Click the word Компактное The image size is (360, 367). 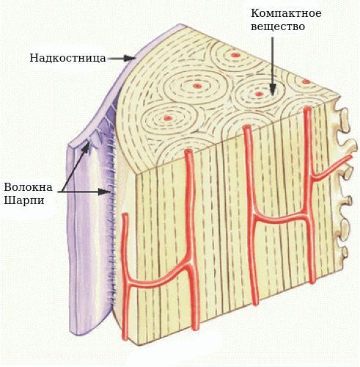pos(286,13)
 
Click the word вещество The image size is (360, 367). pos(278,26)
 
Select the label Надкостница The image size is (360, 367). pos(67,58)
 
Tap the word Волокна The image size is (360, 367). pos(29,187)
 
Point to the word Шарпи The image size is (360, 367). pos(24,200)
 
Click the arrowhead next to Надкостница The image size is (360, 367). pos(130,58)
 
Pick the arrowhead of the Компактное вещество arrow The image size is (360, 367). pos(273,90)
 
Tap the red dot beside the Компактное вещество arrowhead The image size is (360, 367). pos(259,94)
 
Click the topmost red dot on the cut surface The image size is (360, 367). pos(235,55)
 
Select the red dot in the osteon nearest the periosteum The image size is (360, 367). pos(168,118)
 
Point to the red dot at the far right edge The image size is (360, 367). pos(306,81)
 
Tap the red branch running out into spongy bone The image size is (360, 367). pos(332,167)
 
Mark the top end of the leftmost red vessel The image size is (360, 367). pos(125,215)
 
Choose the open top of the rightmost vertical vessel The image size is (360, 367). pos(307,109)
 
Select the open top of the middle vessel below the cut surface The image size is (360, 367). pos(246,128)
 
